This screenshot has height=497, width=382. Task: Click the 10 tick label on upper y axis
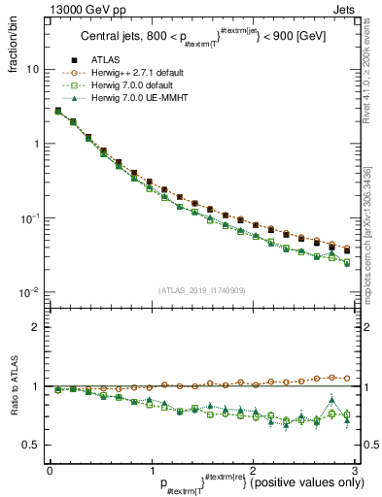tap(33, 70)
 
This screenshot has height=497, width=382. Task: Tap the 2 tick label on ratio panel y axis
tap(35, 327)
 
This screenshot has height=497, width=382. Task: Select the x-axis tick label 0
tap(50, 470)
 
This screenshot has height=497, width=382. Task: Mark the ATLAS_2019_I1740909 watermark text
tap(201, 291)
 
